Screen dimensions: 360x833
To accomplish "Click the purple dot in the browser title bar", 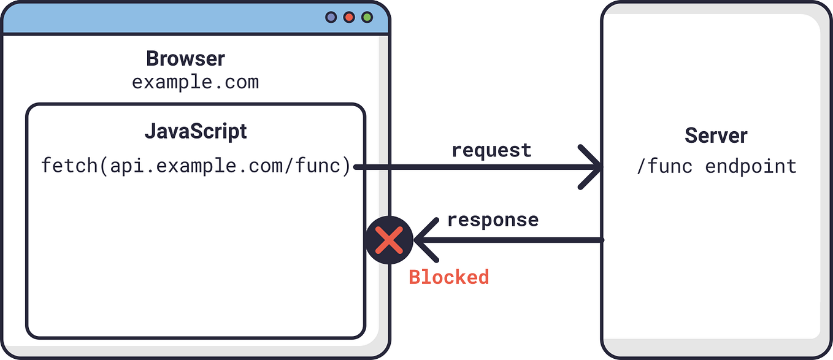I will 331,18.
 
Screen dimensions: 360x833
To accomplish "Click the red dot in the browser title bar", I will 349,18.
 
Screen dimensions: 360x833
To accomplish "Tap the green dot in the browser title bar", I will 367,18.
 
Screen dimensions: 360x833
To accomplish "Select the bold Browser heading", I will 185,59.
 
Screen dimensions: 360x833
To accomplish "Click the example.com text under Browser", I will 195,82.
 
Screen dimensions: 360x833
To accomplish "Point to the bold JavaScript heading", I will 196,131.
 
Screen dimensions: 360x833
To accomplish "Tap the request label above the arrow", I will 491,150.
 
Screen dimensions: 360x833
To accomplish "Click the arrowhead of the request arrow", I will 594,167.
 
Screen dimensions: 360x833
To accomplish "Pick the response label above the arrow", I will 493,220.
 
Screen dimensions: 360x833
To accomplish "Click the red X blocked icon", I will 388,240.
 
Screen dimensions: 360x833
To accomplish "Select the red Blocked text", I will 448,277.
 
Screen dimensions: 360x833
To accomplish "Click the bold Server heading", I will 716,136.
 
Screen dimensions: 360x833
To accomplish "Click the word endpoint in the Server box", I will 750,166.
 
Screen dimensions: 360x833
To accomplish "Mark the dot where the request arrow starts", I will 356,167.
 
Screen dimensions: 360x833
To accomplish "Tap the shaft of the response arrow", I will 515,240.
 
